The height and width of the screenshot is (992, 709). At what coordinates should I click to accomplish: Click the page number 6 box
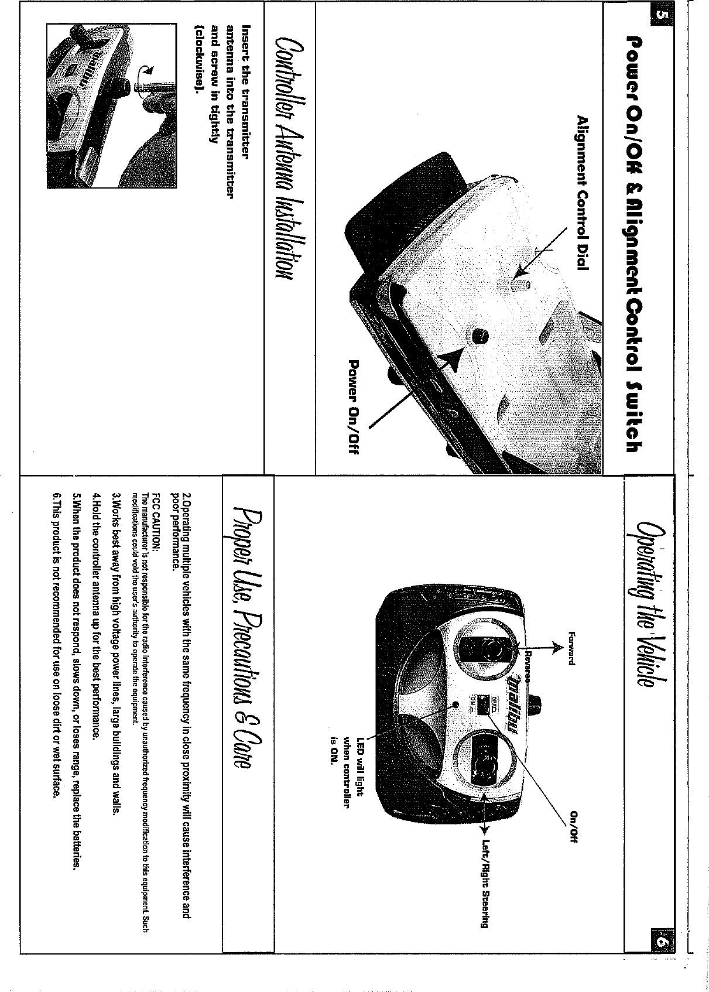(661, 943)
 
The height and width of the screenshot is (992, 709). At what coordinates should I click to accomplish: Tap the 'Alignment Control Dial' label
(581, 193)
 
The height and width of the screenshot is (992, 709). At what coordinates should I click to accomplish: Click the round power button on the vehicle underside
(480, 336)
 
